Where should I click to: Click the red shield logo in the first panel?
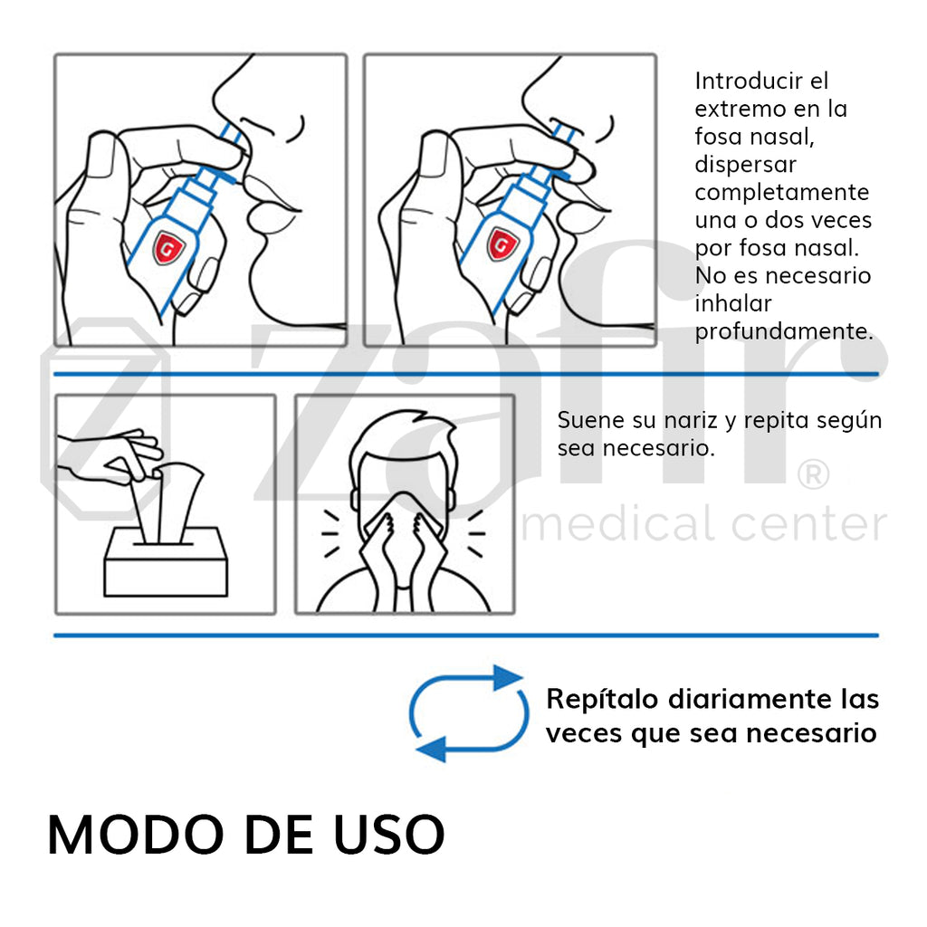pos(166,246)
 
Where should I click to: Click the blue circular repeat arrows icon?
pos(468,713)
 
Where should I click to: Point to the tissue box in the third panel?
pos(165,561)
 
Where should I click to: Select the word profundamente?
pos(784,331)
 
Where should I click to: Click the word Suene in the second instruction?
pos(588,421)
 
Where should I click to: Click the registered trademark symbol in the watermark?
pos(812,474)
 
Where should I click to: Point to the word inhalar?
pos(732,303)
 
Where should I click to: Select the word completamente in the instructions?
pos(781,193)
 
